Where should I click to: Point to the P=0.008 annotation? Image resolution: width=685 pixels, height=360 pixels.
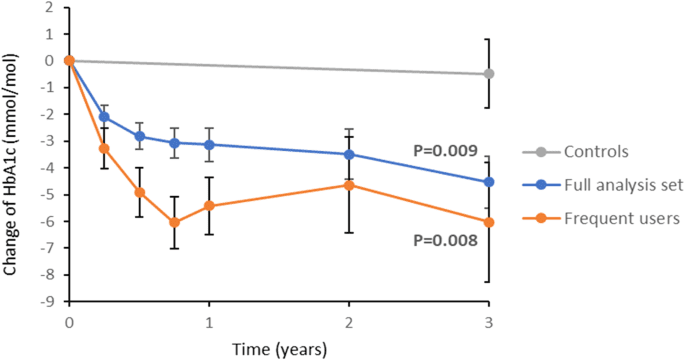446,240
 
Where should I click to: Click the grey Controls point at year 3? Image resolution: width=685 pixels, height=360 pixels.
488,74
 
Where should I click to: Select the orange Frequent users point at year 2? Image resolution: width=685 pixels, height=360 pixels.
348,185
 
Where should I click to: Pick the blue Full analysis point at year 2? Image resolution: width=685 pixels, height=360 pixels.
348,154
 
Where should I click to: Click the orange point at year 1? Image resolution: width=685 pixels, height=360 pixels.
209,206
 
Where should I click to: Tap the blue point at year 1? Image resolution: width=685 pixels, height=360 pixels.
209,145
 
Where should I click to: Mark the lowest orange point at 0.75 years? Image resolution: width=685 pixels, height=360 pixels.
174,222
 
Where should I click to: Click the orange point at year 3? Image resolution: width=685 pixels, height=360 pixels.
488,222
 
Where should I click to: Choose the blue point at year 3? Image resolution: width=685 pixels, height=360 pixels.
488,182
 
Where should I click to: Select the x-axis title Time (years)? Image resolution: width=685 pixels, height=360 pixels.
278,347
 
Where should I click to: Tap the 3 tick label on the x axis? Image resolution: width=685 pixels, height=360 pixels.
488,322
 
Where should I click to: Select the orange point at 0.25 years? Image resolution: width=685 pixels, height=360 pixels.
104,148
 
